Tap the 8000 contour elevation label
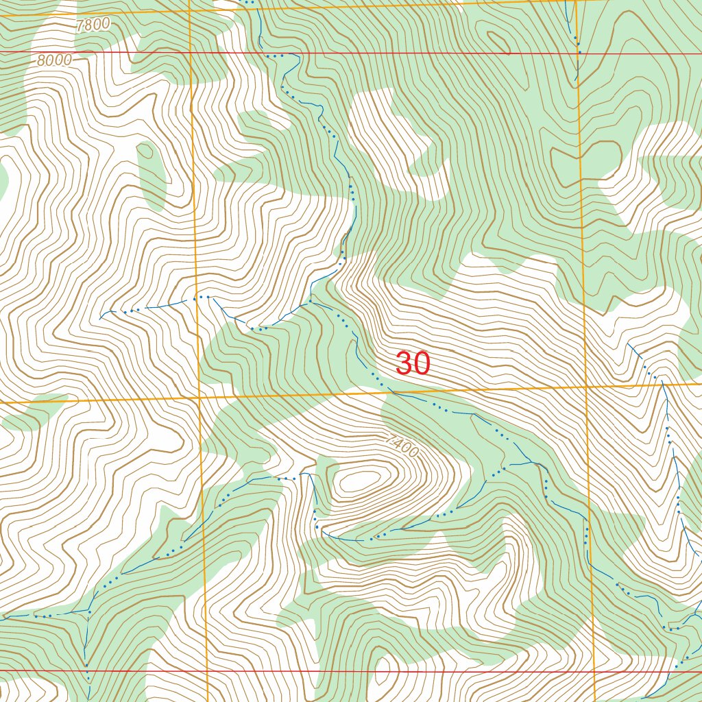click(54, 60)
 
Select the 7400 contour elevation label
click(401, 446)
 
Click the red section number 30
click(413, 364)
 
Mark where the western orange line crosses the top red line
click(190, 52)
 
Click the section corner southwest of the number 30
click(199, 397)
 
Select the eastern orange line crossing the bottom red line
click(594, 671)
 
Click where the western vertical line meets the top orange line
click(189, 11)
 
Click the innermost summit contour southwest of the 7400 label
click(359, 479)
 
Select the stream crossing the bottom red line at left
click(87, 670)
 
